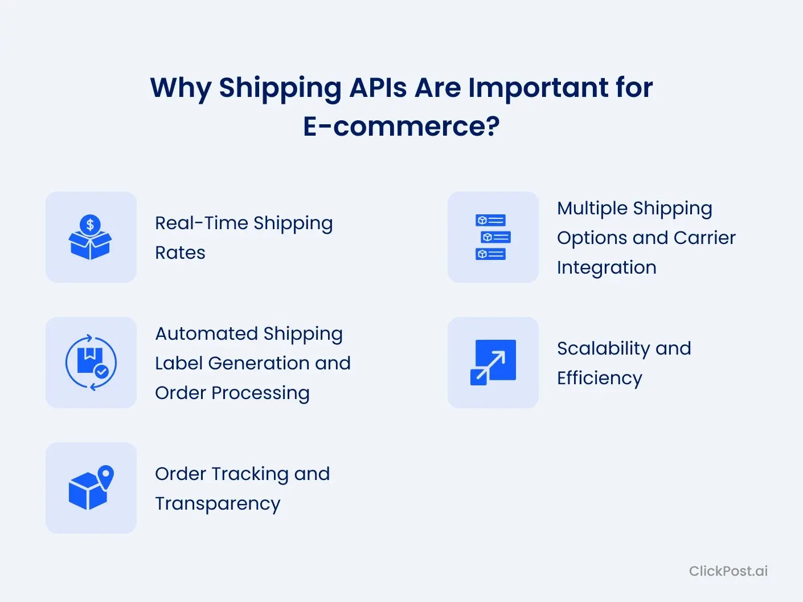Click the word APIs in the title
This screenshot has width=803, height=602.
(378, 88)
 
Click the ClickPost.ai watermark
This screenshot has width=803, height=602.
(728, 571)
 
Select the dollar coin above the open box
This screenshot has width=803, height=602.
(90, 224)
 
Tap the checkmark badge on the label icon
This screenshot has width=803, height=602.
(101, 372)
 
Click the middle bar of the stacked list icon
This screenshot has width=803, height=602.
(495, 237)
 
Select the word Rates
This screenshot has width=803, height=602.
(180, 253)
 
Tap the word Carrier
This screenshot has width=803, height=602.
(704, 238)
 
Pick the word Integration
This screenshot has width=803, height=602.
(607, 268)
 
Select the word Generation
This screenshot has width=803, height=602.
(259, 364)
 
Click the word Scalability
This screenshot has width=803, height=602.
(604, 349)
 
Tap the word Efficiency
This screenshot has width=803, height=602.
(600, 379)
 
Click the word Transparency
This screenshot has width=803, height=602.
(218, 504)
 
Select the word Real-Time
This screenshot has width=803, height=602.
(202, 223)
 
